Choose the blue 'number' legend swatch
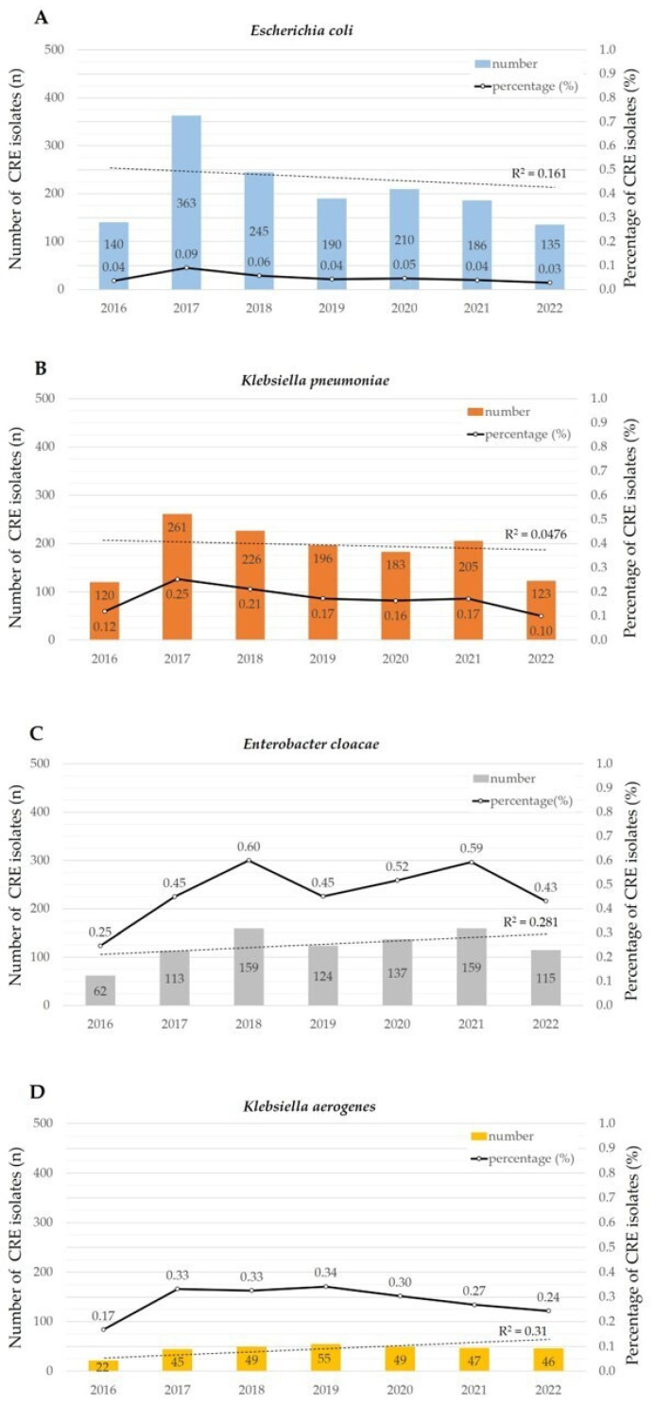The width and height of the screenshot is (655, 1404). (481, 64)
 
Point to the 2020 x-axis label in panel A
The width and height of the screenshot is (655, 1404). (404, 308)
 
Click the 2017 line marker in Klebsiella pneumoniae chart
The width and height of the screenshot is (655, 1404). (177, 579)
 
